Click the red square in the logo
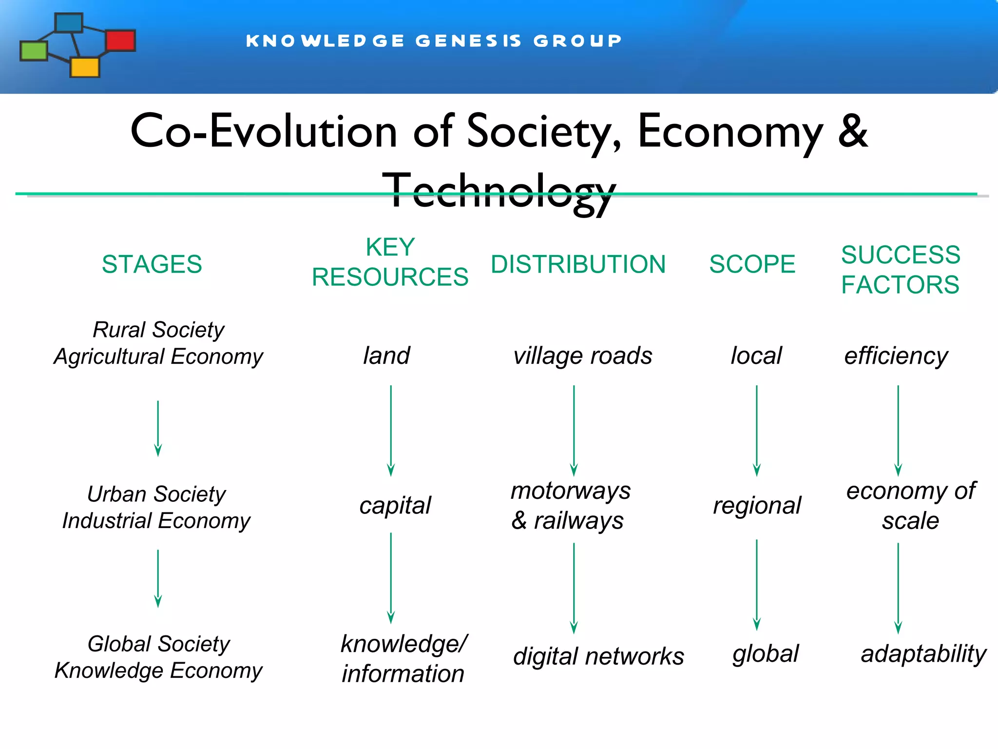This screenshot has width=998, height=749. [x=120, y=40]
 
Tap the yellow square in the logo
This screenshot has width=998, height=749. [x=85, y=67]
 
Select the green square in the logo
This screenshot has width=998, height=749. [x=34, y=51]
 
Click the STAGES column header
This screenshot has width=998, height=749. [x=152, y=264]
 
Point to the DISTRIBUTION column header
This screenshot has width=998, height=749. [x=578, y=264]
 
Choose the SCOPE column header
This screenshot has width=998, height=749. [x=752, y=264]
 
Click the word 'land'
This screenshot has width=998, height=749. [x=386, y=355]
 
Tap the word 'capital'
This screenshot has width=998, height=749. [x=395, y=505]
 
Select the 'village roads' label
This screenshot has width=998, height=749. [x=582, y=355]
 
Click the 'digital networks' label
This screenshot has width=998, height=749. [x=598, y=656]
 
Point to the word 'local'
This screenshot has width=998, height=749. [x=756, y=355]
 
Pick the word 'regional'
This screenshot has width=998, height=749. [x=757, y=505]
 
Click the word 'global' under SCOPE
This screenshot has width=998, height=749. [x=766, y=653]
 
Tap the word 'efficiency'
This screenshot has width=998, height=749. [x=896, y=355]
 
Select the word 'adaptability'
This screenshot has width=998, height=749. [x=923, y=653]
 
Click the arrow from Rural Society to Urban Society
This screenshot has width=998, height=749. [x=158, y=428]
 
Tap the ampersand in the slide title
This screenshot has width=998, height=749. [x=853, y=131]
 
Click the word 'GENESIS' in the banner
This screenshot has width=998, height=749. [x=468, y=40]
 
